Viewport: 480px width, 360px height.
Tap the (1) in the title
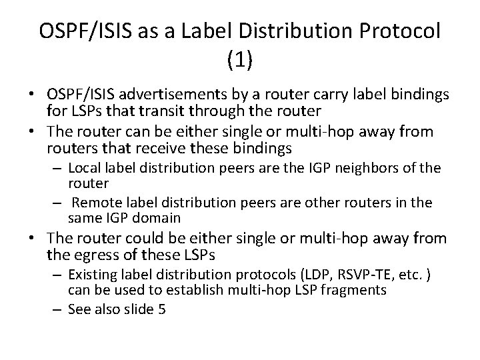240,61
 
